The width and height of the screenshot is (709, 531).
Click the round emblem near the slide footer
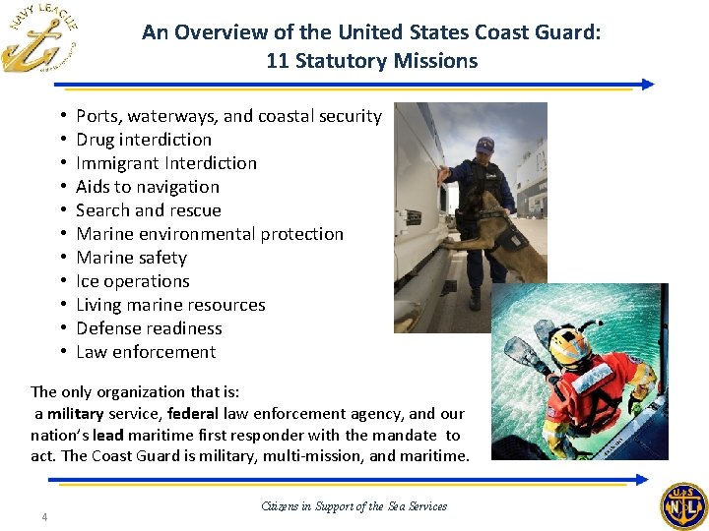(682, 506)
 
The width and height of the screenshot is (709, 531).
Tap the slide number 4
(44, 518)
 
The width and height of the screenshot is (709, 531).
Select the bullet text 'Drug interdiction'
(144, 140)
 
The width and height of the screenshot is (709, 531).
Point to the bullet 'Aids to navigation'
(148, 187)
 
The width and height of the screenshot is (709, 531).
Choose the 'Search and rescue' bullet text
(149, 210)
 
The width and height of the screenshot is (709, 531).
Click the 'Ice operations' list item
(133, 281)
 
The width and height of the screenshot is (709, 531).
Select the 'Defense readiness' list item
(149, 328)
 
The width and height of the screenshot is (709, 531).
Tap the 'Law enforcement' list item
(146, 352)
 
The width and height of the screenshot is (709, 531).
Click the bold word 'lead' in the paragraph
(107, 434)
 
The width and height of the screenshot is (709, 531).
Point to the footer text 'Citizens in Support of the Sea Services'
(354, 506)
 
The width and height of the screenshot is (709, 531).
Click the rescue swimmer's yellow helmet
(569, 345)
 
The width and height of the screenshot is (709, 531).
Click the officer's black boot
(476, 298)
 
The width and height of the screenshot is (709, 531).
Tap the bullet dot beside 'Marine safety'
(62, 258)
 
